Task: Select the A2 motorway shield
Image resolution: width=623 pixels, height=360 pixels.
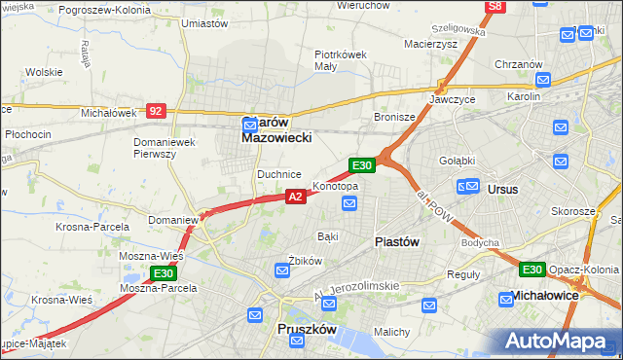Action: point(297,197)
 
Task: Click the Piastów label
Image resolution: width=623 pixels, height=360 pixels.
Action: point(396,242)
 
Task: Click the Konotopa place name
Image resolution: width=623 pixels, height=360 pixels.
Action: point(335,186)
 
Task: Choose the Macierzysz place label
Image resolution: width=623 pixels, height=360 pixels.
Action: point(431,43)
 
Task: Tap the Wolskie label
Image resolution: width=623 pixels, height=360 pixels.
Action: point(44,72)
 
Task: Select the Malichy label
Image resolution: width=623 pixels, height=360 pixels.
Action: point(391,331)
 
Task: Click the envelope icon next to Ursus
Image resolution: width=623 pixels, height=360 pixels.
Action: point(468,185)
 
